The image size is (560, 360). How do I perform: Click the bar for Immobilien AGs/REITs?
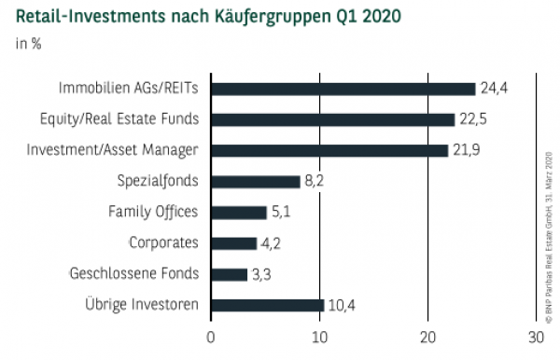(x=343, y=89)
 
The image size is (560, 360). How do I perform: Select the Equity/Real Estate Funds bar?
(x=332, y=119)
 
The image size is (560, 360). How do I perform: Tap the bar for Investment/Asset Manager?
(x=329, y=150)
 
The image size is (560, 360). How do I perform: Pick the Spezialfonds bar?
(x=256, y=181)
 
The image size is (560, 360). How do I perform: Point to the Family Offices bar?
(x=239, y=212)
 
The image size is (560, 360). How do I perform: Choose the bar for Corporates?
(x=233, y=242)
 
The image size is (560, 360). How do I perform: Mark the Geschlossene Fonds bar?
(x=229, y=273)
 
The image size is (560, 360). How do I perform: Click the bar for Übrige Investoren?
(x=267, y=305)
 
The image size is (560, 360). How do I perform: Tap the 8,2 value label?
(x=314, y=181)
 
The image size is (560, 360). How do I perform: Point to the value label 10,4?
(x=341, y=305)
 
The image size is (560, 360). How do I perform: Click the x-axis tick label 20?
(x=427, y=338)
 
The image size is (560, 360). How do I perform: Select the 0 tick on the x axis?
(x=211, y=338)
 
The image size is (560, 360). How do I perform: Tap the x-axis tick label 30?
(x=536, y=338)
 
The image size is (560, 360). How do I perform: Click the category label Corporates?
(x=163, y=242)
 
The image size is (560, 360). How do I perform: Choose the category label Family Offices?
(x=153, y=212)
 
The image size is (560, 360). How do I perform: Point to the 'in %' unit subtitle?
(x=27, y=43)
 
